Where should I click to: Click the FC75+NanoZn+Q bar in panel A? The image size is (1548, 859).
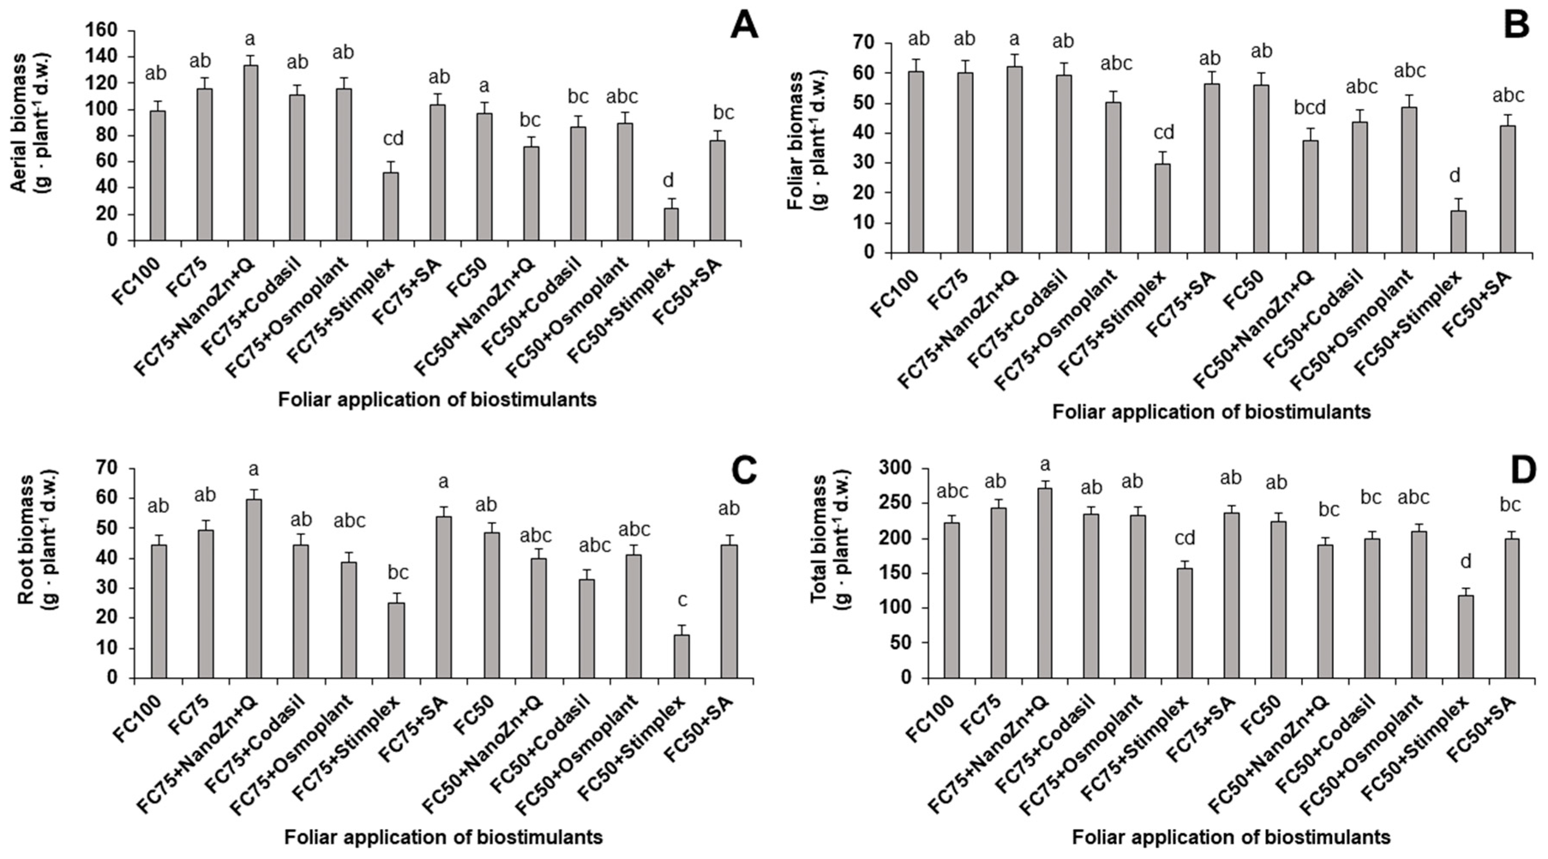pos(251,153)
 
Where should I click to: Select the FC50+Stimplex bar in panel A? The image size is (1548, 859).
pos(671,224)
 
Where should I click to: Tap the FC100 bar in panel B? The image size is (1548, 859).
pos(916,162)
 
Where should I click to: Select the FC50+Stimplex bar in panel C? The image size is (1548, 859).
pos(682,656)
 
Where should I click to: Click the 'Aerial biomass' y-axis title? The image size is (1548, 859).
pos(19,123)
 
